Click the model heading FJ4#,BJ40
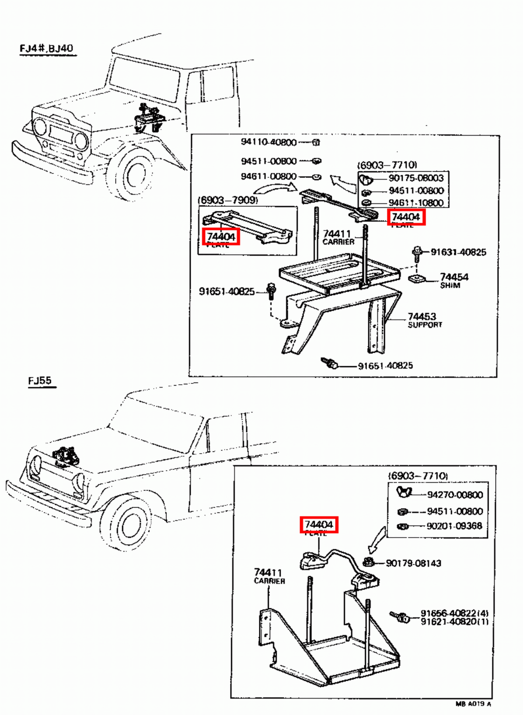46,48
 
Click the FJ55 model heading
40,381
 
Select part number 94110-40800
269,142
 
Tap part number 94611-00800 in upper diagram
269,177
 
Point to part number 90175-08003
416,178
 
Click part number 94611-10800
416,202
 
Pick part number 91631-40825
458,252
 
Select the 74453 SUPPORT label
423,320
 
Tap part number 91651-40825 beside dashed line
227,292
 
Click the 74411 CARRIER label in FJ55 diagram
269,576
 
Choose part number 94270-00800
455,495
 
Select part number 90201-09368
454,526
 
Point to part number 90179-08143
413,563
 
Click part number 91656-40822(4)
454,613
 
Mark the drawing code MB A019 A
473,704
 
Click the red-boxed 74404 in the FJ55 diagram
319,524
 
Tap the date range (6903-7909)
228,200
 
